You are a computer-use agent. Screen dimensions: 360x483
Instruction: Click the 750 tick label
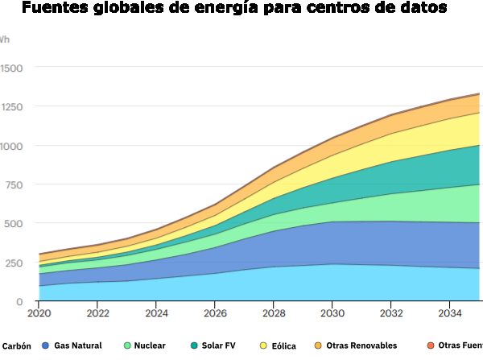pos(14,185)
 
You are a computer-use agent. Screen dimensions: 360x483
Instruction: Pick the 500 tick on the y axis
pos(14,224)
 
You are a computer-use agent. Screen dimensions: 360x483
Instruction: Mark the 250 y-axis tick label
pos(14,263)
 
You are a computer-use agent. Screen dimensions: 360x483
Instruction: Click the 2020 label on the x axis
pos(39,312)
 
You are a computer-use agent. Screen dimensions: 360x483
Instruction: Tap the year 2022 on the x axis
pos(97,312)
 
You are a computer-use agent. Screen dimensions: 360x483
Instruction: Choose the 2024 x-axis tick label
pos(156,312)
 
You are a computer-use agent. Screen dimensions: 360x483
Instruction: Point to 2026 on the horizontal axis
pos(215,312)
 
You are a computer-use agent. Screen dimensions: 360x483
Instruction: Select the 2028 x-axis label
pos(274,312)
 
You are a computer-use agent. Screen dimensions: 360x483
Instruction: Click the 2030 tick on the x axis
pos(332,312)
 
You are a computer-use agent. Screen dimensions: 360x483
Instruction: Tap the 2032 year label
pos(391,312)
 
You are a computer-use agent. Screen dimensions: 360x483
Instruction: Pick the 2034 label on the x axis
pos(450,312)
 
